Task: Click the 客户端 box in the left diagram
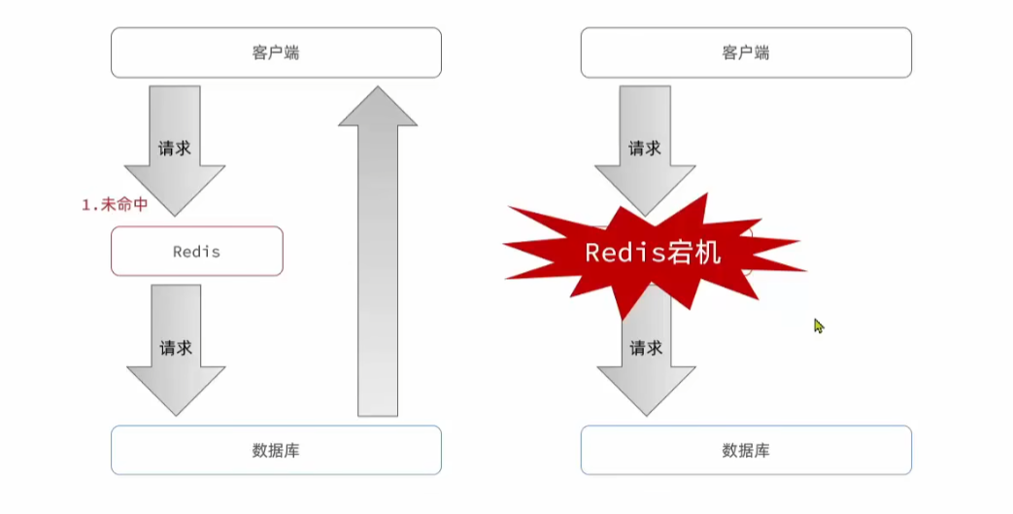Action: [276, 52]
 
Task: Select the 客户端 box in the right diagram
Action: [746, 52]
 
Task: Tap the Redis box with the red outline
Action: [197, 252]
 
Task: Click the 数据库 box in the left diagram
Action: [276, 450]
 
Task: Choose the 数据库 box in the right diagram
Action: [746, 450]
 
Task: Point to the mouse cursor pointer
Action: [819, 326]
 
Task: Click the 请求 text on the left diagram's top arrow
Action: [175, 149]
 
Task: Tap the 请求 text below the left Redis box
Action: [176, 347]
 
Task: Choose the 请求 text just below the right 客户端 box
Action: [645, 149]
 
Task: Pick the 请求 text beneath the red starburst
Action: [646, 347]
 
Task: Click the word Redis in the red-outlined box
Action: [197, 252]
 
